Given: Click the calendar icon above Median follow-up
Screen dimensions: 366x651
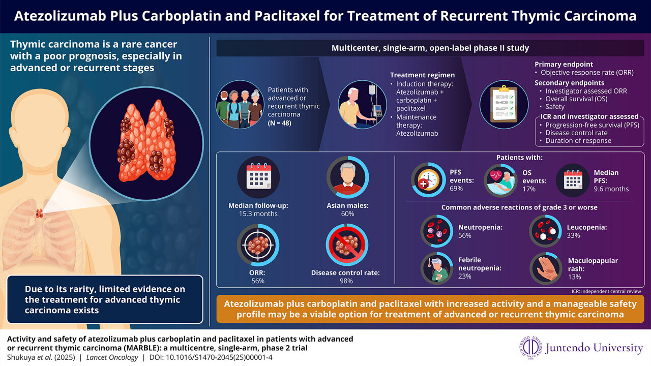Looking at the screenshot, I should (x=258, y=177).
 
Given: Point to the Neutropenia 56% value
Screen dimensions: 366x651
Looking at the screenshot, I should (x=464, y=235).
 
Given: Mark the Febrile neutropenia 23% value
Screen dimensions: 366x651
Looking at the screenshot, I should (x=464, y=276).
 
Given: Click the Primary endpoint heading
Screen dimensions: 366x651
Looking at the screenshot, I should (x=564, y=65).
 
